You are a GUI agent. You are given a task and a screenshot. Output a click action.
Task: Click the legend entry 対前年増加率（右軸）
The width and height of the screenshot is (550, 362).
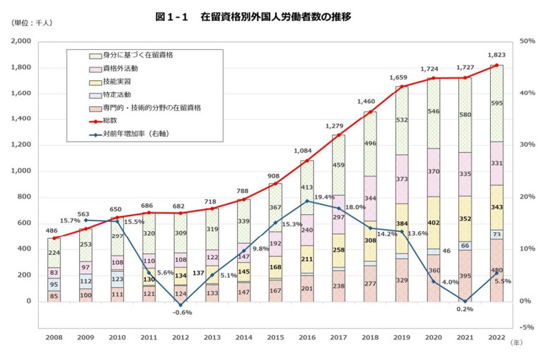(135, 133)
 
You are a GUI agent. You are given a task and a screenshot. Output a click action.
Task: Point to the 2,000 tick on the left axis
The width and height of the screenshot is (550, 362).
(21, 42)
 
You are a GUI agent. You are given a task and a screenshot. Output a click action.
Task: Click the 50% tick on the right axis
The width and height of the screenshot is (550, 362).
(526, 42)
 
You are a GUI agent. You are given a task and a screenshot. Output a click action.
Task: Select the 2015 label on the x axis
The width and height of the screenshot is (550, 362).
(274, 338)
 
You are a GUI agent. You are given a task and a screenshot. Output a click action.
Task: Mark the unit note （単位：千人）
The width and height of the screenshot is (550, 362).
(32, 23)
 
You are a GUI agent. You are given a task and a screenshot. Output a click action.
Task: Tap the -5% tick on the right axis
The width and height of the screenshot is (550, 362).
(525, 327)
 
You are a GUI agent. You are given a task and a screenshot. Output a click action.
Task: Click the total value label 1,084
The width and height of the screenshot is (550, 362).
(307, 151)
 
